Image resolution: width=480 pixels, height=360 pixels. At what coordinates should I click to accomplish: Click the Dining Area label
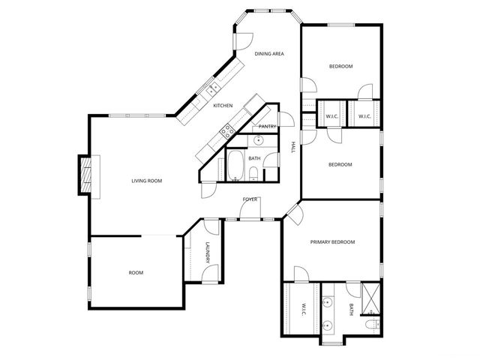tap(268, 54)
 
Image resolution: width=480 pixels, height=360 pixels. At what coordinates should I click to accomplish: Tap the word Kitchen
tap(223, 106)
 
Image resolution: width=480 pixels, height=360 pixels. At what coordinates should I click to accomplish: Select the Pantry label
tap(268, 127)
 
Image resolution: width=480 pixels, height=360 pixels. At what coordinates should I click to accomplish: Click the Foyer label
tap(250, 199)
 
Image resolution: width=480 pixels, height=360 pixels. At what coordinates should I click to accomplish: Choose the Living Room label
tap(147, 181)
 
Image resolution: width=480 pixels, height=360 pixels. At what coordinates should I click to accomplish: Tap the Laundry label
tap(208, 254)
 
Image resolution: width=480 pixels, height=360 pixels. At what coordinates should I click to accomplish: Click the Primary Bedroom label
tap(332, 242)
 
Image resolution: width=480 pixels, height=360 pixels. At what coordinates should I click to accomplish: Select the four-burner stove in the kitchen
tap(224, 133)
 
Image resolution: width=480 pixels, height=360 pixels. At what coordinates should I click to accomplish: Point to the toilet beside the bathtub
tap(254, 175)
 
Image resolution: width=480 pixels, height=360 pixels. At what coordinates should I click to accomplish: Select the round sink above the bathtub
tap(258, 140)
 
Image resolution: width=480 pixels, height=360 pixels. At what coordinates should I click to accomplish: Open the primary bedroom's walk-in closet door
tap(301, 274)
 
